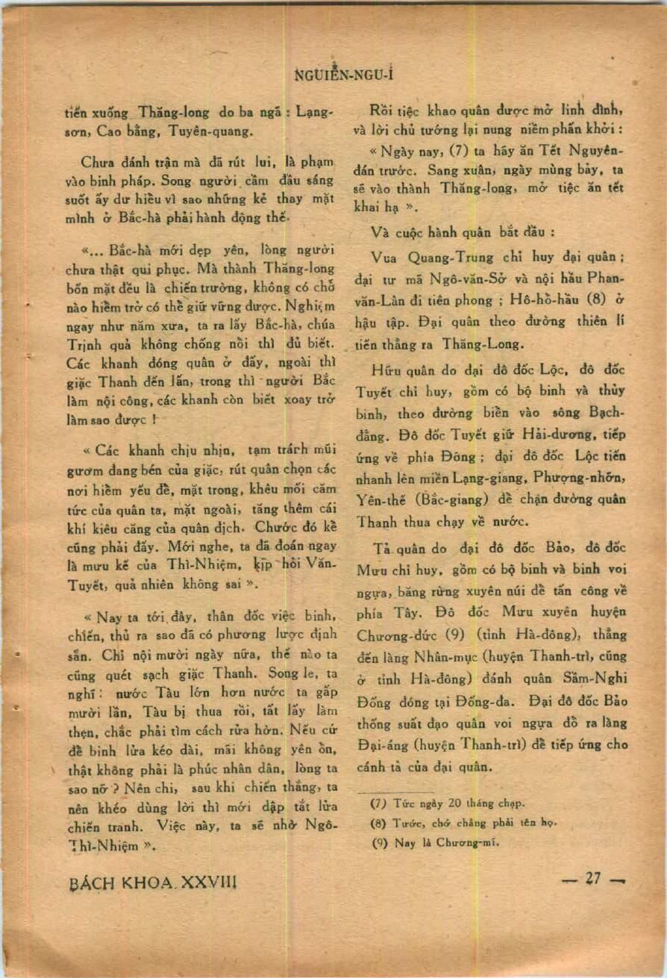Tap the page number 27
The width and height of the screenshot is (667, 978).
(593, 879)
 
